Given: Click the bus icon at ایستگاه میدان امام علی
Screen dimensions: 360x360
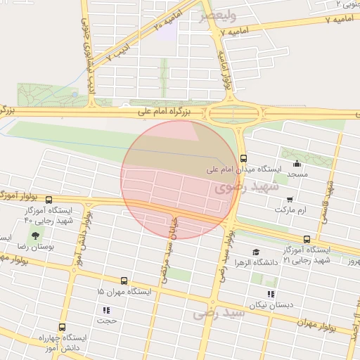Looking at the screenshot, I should click(243, 158).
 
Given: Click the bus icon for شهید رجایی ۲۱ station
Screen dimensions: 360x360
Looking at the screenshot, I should click(307, 239).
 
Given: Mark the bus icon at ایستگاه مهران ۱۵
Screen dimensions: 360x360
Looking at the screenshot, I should click(124, 281).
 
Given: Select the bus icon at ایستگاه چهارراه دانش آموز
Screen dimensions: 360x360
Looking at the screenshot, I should click(63, 327).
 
